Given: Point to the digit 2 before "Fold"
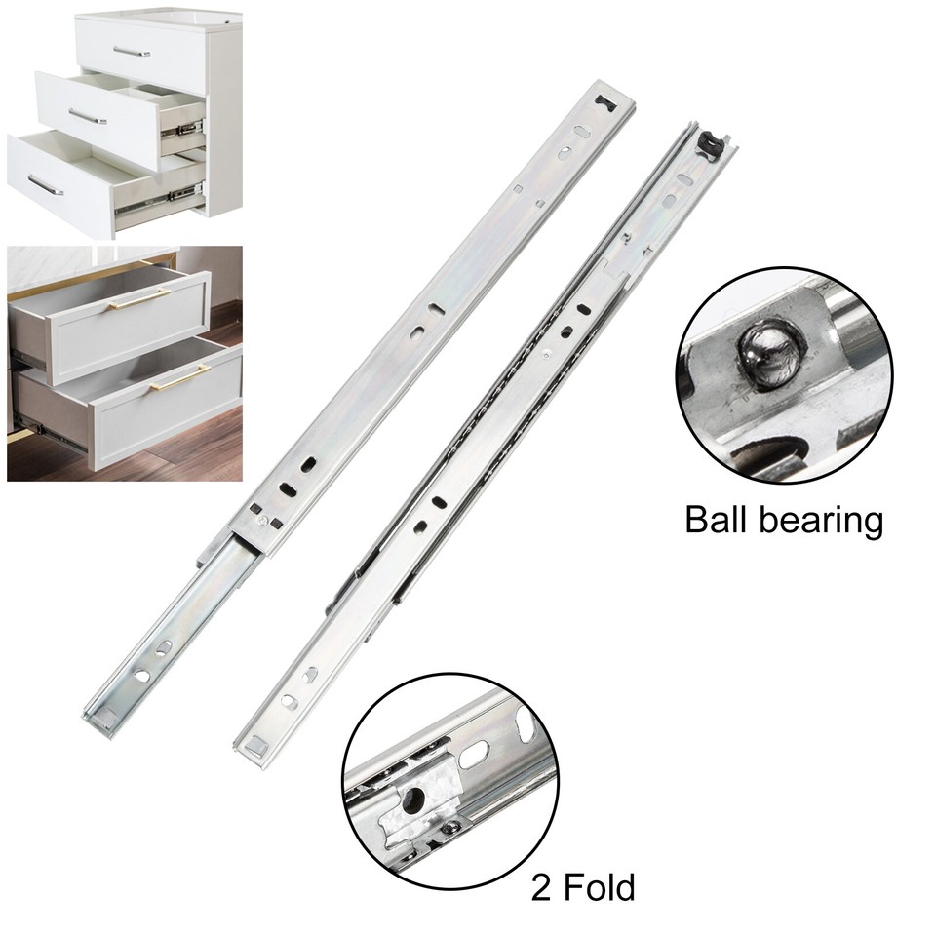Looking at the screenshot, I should [541, 887].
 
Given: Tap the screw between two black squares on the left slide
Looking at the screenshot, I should [264, 521].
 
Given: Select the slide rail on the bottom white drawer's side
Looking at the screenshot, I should [158, 198].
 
